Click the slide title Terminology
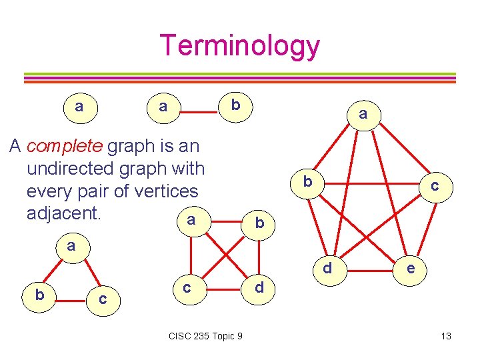pos(240,45)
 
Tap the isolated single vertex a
pos(79,107)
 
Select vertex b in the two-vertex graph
pos(235,105)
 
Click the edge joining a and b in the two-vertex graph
pos(198,107)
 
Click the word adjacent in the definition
pos(63,213)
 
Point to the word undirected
pos(74,168)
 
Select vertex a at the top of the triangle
pos(71,246)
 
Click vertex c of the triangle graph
pos(102,299)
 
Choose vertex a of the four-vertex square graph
pos(191,220)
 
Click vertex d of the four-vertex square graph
pos(259,288)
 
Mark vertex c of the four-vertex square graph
pos(187,287)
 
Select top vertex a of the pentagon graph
pos(363,115)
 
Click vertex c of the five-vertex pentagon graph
pos(434,186)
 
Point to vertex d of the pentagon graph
pos(327,269)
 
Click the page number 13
pos(446,336)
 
